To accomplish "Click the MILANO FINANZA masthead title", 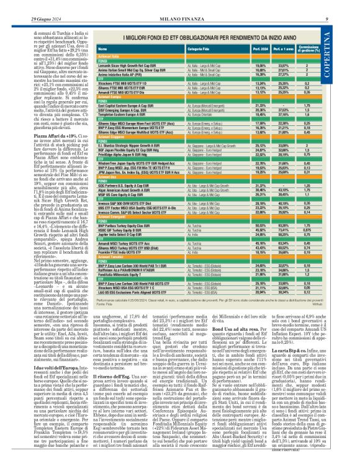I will click(179, 4).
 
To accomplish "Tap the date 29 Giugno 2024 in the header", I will click(25, 4).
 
